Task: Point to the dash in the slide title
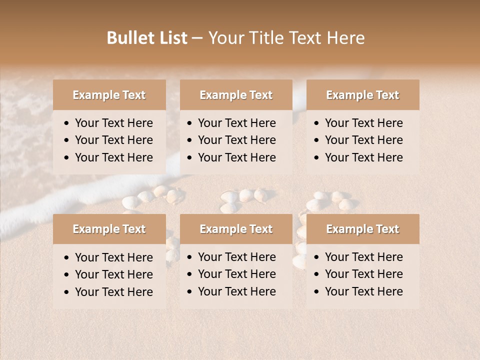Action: pyautogui.click(x=197, y=38)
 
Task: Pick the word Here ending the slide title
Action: pyautogui.click(x=345, y=38)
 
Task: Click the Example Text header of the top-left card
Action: pyautogui.click(x=109, y=95)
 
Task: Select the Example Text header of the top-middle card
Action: pyautogui.click(x=236, y=95)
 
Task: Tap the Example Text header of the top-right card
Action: pyautogui.click(x=362, y=95)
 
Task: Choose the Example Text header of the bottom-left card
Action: pyautogui.click(x=109, y=229)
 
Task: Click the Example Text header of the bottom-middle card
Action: pyautogui.click(x=236, y=229)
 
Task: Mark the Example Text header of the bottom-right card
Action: pyautogui.click(x=362, y=229)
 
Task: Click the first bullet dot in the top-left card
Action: pyautogui.click(x=67, y=123)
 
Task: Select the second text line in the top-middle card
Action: pyautogui.click(x=236, y=140)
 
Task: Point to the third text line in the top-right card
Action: pyautogui.click(x=363, y=157)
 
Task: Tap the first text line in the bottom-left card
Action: pyautogui.click(x=113, y=257)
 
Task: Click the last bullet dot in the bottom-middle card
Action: pyautogui.click(x=190, y=292)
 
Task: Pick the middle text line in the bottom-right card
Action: pyautogui.click(x=363, y=274)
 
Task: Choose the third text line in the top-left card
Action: pyautogui.click(x=113, y=157)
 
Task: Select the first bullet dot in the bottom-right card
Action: pyautogui.click(x=317, y=257)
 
